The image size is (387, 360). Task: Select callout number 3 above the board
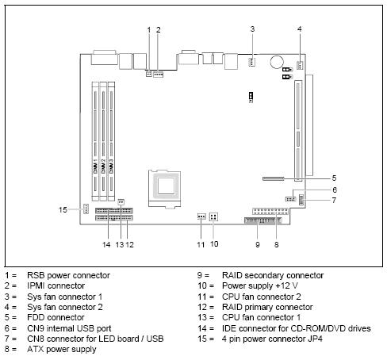click(252, 29)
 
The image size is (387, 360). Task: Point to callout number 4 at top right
click(300, 29)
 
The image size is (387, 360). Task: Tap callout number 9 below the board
click(257, 245)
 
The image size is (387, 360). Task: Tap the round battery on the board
click(277, 60)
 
